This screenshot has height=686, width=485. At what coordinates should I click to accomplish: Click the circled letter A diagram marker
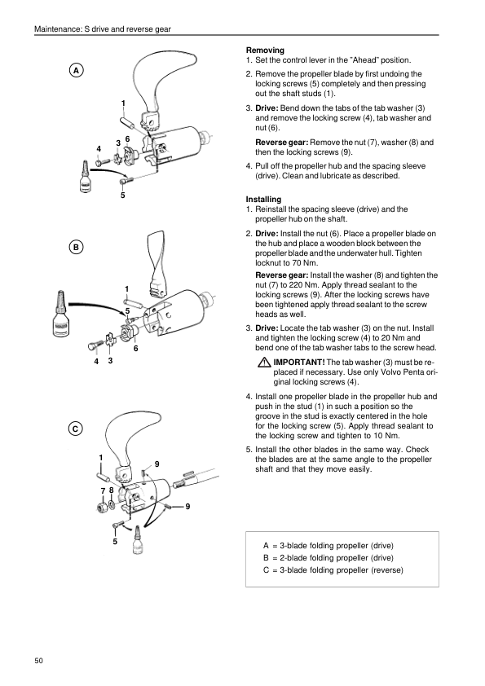pos(76,70)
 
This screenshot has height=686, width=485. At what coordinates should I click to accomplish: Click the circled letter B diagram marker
pos(76,247)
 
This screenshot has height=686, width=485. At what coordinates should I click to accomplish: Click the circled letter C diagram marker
pos(75,429)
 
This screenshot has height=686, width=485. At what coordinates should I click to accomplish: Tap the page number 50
pos(39,661)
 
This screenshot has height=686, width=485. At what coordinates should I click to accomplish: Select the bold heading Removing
pos(265,51)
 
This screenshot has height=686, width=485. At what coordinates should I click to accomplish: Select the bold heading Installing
pos(263,200)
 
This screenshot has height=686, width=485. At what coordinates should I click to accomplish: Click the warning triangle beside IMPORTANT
pos(264,363)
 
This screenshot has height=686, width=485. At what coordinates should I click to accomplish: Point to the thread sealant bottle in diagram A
pos(85,176)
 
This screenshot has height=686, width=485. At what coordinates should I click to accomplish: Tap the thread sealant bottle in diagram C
pos(139,540)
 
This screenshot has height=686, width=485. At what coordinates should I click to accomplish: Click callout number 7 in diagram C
pos(104,491)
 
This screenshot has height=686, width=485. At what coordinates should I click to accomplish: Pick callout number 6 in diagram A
pos(127,139)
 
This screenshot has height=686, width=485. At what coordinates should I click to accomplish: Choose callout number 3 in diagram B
pos(110,360)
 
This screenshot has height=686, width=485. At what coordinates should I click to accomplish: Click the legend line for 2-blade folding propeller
pos(328,558)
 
